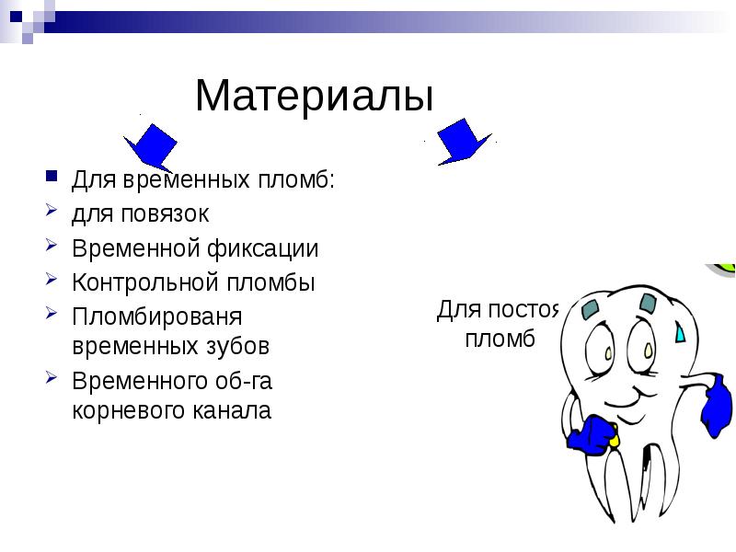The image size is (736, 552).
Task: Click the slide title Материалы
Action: [x=314, y=96]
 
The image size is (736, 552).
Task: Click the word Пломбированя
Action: [x=156, y=316]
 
